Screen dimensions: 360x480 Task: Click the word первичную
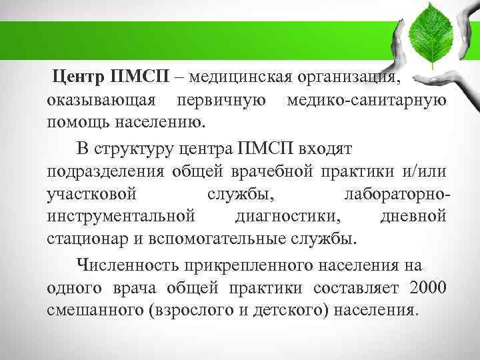[221, 101]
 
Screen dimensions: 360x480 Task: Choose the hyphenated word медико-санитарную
[365, 101]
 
